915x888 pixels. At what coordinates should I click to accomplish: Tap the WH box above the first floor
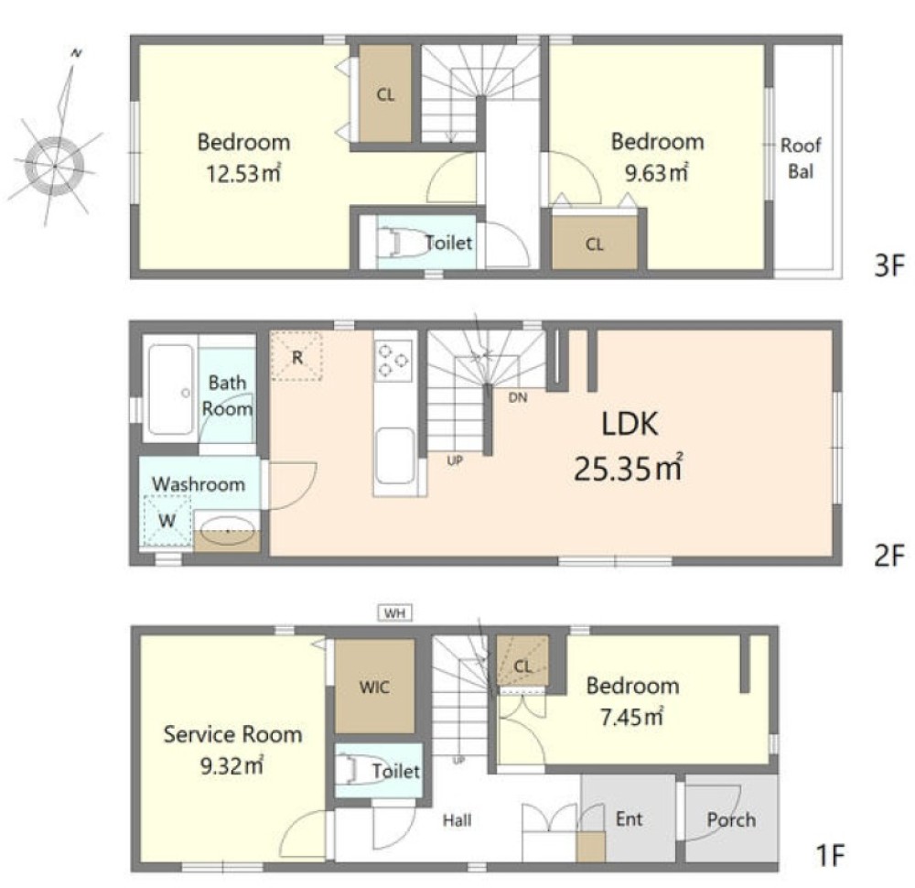pyautogui.click(x=395, y=613)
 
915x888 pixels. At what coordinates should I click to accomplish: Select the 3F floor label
pyautogui.click(x=888, y=265)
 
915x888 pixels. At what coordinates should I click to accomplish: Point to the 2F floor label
pyautogui.click(x=888, y=555)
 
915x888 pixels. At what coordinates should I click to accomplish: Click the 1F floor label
pyautogui.click(x=829, y=856)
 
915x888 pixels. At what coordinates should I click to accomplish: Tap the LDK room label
pyautogui.click(x=630, y=425)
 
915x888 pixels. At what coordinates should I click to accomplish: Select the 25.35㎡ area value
pyautogui.click(x=628, y=467)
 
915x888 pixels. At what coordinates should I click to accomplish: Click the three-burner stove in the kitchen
pyautogui.click(x=394, y=361)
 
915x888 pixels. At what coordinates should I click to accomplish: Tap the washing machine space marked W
pyautogui.click(x=167, y=520)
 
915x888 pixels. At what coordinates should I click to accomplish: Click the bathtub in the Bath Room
pyautogui.click(x=171, y=389)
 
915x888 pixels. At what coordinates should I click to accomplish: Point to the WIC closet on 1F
pyautogui.click(x=374, y=686)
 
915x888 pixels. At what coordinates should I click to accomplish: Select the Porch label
pyautogui.click(x=731, y=819)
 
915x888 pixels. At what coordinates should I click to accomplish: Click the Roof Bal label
pyautogui.click(x=801, y=157)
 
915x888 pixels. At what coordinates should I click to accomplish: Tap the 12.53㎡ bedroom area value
pyautogui.click(x=243, y=173)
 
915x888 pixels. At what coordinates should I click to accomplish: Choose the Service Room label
pyautogui.click(x=232, y=734)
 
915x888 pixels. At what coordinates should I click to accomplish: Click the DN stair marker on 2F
pyautogui.click(x=518, y=397)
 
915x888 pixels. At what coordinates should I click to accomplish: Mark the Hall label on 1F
pyautogui.click(x=457, y=820)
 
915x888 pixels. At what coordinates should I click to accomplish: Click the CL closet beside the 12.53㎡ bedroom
pyautogui.click(x=385, y=93)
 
